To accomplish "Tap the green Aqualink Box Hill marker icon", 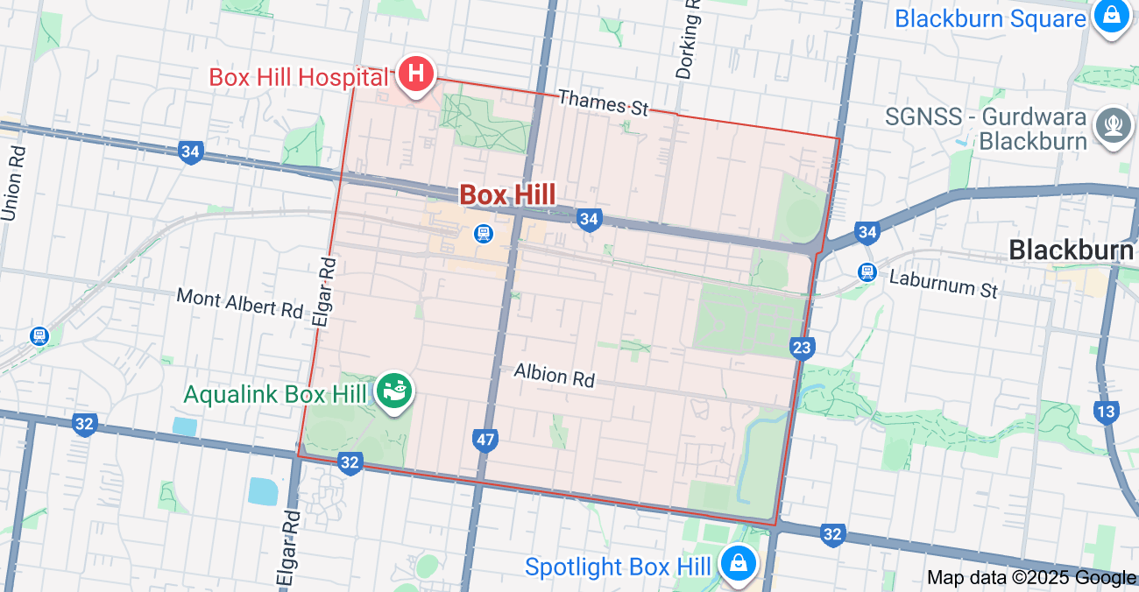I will click(394, 391).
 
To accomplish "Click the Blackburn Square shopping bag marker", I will click(1111, 18).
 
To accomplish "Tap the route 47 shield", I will click(485, 439).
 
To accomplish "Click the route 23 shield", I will click(802, 348).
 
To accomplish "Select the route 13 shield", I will click(1107, 411).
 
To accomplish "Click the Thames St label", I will click(603, 102).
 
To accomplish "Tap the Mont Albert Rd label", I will click(239, 303).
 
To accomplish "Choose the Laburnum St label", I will click(944, 284).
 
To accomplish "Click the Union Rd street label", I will click(14, 183).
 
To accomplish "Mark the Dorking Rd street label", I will click(690, 39).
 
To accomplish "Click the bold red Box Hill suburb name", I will click(507, 194).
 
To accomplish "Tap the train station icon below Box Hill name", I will click(482, 234).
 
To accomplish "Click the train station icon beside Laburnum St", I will click(867, 271).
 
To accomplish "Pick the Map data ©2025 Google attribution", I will click(1031, 577).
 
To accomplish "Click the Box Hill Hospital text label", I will click(298, 77).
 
